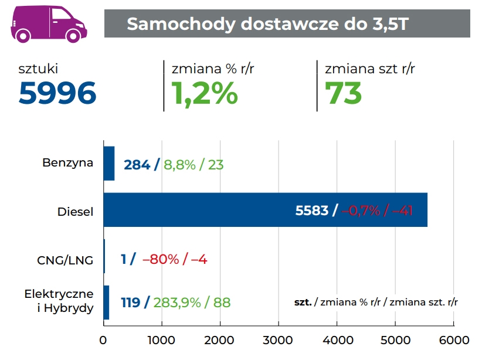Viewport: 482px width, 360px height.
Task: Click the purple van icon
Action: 48,25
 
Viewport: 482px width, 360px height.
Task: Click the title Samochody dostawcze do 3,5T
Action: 267,24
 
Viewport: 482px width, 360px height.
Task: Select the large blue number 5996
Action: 57,93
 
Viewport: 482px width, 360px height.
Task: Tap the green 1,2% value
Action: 205,93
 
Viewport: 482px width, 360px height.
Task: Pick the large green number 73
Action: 344,93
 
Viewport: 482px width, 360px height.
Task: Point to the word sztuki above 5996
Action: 39,69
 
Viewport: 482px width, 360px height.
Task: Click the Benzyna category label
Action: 67,162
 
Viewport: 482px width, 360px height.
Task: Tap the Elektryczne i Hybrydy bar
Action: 106,303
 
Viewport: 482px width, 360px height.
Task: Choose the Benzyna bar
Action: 108,164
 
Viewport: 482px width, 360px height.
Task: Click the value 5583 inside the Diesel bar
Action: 311,210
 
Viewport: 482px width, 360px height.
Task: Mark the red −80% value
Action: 160,259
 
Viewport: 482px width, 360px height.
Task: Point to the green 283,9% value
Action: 176,303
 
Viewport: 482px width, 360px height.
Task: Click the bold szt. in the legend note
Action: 303,303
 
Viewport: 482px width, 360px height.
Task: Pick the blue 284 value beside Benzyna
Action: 137,165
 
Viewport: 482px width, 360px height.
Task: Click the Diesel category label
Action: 75,212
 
